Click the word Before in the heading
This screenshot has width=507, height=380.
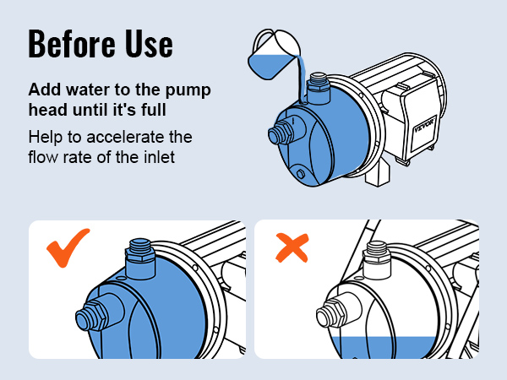click(72, 44)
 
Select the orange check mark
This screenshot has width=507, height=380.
click(68, 247)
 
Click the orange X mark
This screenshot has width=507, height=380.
click(292, 247)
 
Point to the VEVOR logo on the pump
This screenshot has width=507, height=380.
click(424, 125)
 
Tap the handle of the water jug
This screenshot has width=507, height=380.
click(263, 41)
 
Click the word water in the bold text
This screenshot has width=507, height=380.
click(88, 90)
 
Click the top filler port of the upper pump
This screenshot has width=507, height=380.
click(319, 88)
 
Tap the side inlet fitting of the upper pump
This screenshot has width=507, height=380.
click(281, 133)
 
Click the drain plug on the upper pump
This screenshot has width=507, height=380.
click(300, 174)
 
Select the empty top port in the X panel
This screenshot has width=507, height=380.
click(376, 260)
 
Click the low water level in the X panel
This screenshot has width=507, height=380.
click(384, 348)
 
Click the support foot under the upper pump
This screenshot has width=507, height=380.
click(378, 174)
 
